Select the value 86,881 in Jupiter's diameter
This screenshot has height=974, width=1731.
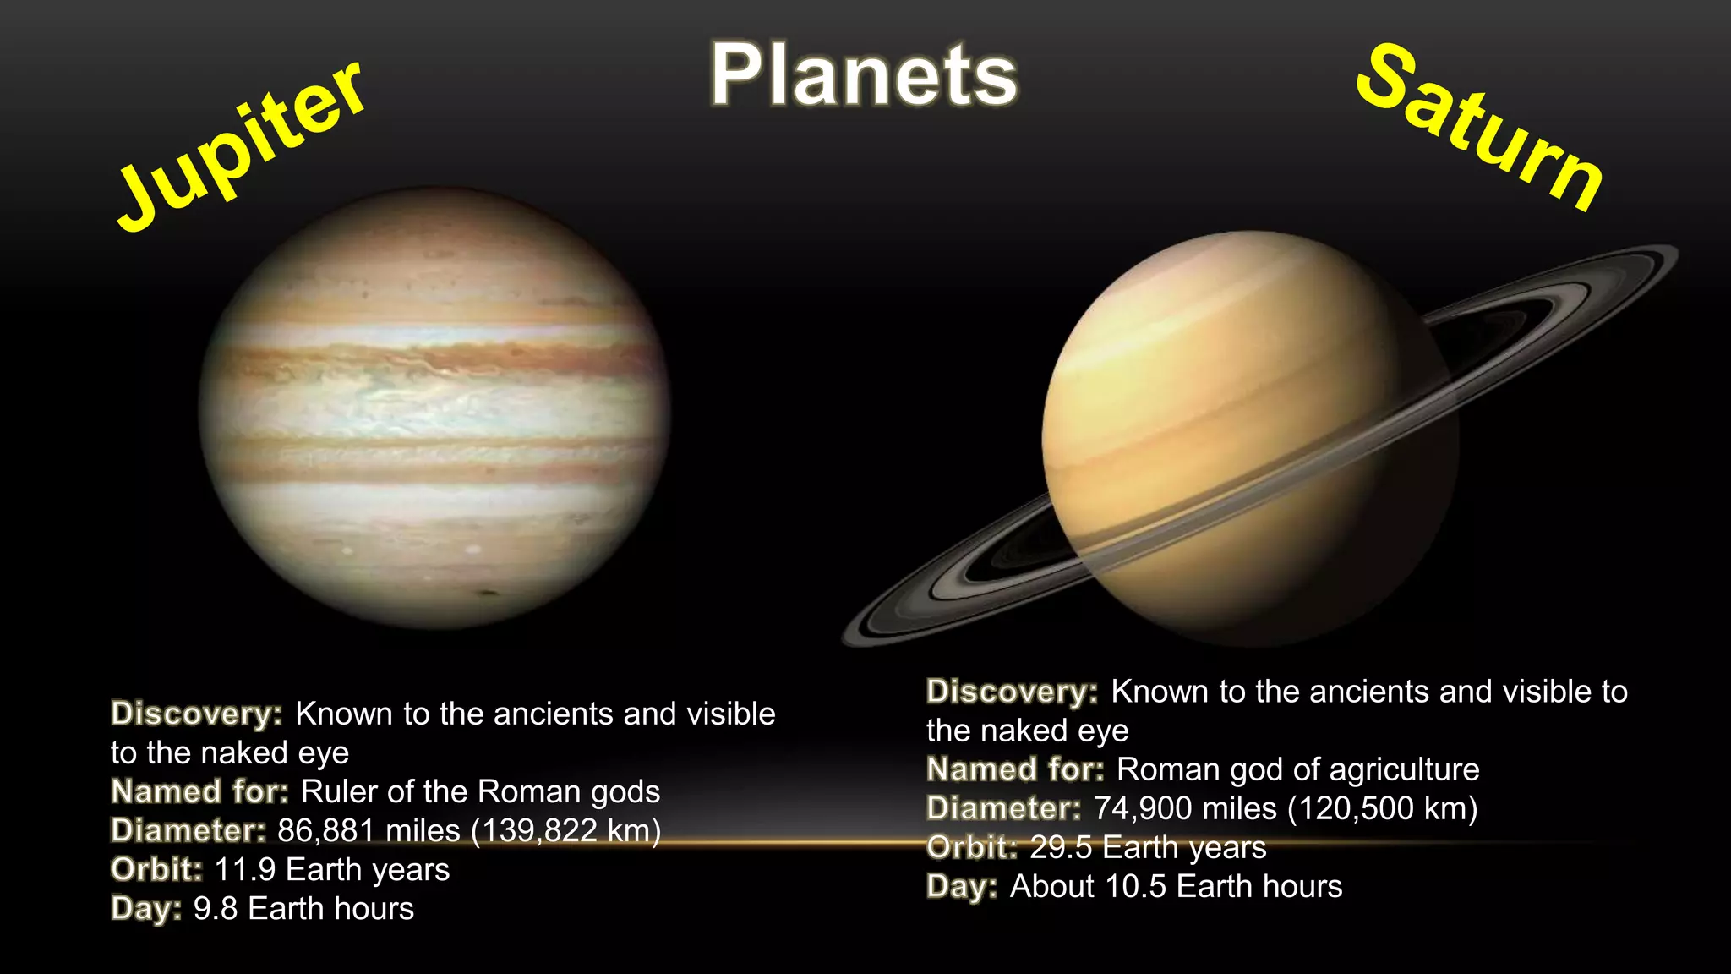pos(326,831)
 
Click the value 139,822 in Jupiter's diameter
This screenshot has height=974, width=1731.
pos(540,831)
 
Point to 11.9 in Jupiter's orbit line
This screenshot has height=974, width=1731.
pos(244,870)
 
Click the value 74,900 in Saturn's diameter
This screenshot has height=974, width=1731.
pos(1143,809)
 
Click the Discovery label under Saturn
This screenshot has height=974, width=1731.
pos(1012,692)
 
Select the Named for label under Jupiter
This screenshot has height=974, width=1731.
pos(200,792)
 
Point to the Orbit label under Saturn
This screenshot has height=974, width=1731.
pos(972,848)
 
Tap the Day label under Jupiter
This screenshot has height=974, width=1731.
pos(146,909)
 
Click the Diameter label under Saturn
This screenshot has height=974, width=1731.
pos(1003,809)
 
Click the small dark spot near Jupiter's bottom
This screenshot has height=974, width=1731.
pos(489,593)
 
